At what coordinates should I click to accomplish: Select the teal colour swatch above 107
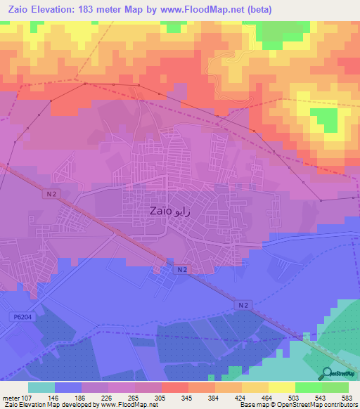click(x=41, y=387)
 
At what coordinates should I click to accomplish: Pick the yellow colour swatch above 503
click(x=282, y=387)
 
